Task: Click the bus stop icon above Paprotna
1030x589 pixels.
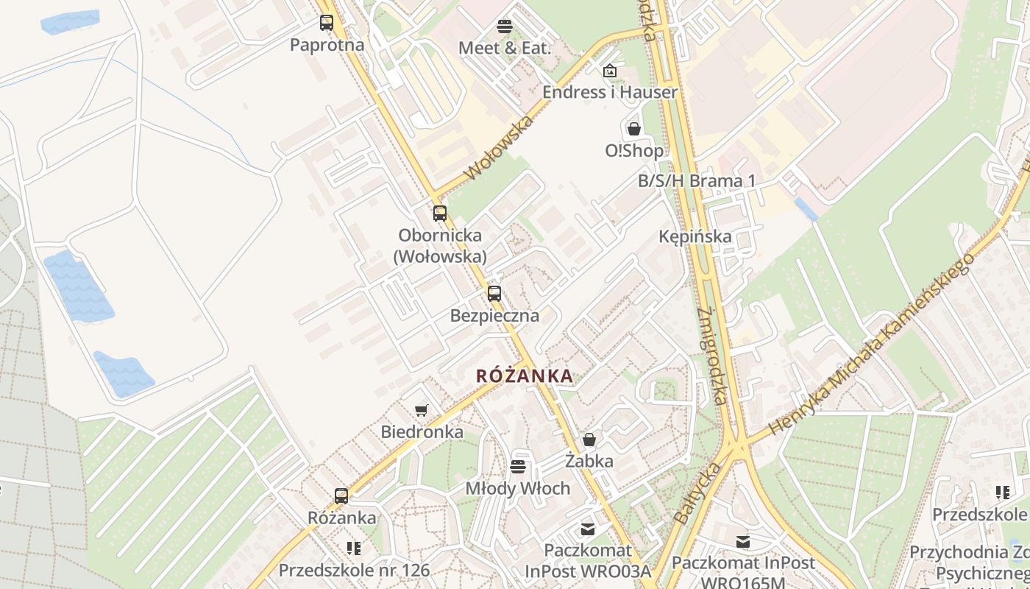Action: tap(327, 23)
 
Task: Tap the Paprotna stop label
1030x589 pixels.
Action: tap(327, 45)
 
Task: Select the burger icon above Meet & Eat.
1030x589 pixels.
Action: tap(504, 27)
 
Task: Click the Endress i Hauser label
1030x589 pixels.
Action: tap(610, 92)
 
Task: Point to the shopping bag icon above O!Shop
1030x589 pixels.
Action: tap(634, 130)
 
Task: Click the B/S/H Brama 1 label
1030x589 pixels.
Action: tap(697, 181)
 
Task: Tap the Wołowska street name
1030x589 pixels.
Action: tap(499, 147)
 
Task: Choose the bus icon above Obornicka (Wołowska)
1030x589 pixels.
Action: tap(440, 214)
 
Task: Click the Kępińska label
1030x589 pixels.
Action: tap(695, 236)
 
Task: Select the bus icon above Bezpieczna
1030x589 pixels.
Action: tap(494, 293)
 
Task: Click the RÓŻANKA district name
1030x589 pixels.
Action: tap(525, 375)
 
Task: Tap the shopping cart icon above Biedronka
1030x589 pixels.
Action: tap(422, 410)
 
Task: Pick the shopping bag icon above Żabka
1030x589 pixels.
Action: tap(589, 440)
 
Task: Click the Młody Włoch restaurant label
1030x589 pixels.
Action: tap(518, 488)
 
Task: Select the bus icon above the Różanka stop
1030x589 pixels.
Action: tap(341, 495)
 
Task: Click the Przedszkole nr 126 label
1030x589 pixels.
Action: tap(354, 570)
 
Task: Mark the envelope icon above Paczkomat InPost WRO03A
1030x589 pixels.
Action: tap(588, 529)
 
